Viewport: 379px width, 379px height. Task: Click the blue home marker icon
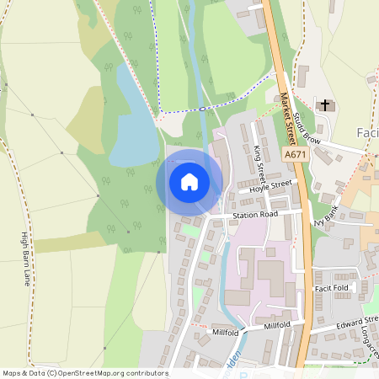(189, 181)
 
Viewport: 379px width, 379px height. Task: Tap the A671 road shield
(295, 156)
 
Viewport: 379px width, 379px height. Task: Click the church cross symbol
(326, 104)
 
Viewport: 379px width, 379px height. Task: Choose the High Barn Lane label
(25, 258)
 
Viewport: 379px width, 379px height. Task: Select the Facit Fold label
(331, 287)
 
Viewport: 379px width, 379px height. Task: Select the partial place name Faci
(367, 132)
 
